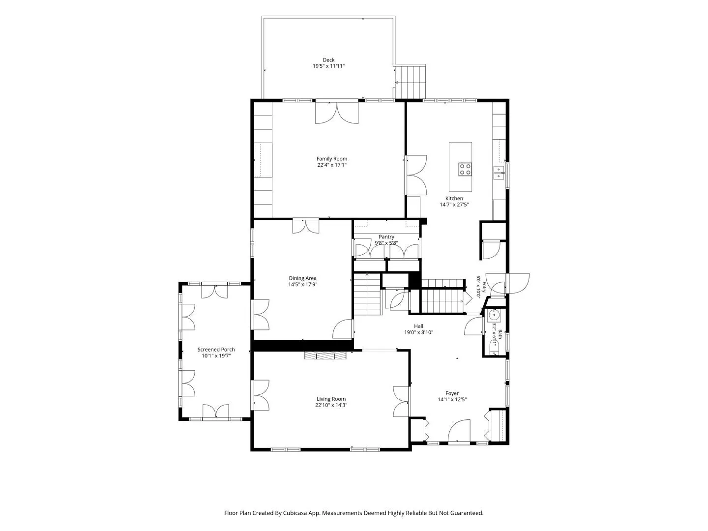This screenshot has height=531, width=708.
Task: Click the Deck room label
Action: [x=328, y=60]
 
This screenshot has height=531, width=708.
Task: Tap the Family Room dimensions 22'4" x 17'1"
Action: [x=331, y=165]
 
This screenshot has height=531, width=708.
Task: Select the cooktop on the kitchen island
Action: [x=465, y=169]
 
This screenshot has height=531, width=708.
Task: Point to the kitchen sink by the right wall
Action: [x=499, y=173]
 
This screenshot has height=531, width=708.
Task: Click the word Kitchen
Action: [x=454, y=198]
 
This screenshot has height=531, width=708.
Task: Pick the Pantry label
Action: [x=386, y=236]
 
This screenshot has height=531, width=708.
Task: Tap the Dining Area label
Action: [x=302, y=278]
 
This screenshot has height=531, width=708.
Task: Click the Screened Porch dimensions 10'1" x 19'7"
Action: [x=216, y=355]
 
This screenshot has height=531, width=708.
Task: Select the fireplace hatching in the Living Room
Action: [x=325, y=355]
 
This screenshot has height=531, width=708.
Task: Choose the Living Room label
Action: [x=331, y=399]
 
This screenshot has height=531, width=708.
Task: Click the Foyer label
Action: [x=452, y=393]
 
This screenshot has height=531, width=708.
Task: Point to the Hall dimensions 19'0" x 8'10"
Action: [x=418, y=332]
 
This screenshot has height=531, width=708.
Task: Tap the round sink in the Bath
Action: [x=494, y=316]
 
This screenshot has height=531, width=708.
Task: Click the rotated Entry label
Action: [x=484, y=287]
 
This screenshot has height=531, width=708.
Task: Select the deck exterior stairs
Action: [x=410, y=82]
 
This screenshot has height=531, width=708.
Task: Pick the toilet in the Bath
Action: [x=494, y=349]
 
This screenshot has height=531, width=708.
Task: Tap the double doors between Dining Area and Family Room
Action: [x=305, y=226]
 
